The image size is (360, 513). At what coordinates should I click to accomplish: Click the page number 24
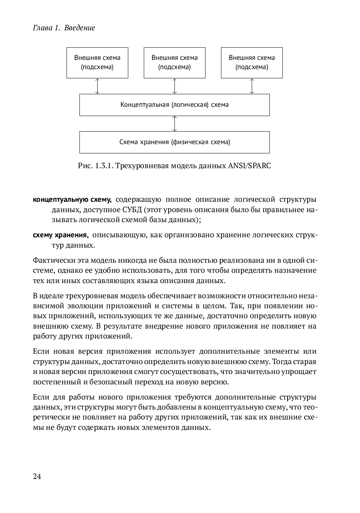pos(37,476)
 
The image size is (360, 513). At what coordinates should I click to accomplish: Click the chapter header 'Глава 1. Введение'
pos(64,28)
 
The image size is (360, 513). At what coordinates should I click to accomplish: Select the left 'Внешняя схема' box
pos(97,62)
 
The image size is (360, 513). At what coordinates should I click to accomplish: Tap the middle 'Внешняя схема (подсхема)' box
pos(174,62)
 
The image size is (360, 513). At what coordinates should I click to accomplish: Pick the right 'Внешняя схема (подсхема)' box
pos(252,62)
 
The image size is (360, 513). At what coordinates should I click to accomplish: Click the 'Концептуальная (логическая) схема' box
pos(174,105)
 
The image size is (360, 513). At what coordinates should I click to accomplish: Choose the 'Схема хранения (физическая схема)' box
pos(174,142)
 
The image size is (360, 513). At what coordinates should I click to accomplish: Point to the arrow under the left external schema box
pos(97,86)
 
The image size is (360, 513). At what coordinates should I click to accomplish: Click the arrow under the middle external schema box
pos(174,86)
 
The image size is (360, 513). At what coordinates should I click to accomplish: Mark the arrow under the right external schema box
pos(252,86)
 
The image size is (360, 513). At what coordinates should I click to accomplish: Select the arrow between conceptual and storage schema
pos(174,123)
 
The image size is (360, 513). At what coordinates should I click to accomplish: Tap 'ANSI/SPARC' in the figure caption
pos(249,166)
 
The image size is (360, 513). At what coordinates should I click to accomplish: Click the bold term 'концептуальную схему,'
pos(72,200)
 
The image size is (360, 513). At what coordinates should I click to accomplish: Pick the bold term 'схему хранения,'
pos(60,235)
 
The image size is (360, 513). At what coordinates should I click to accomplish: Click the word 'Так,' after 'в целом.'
pos(236,306)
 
